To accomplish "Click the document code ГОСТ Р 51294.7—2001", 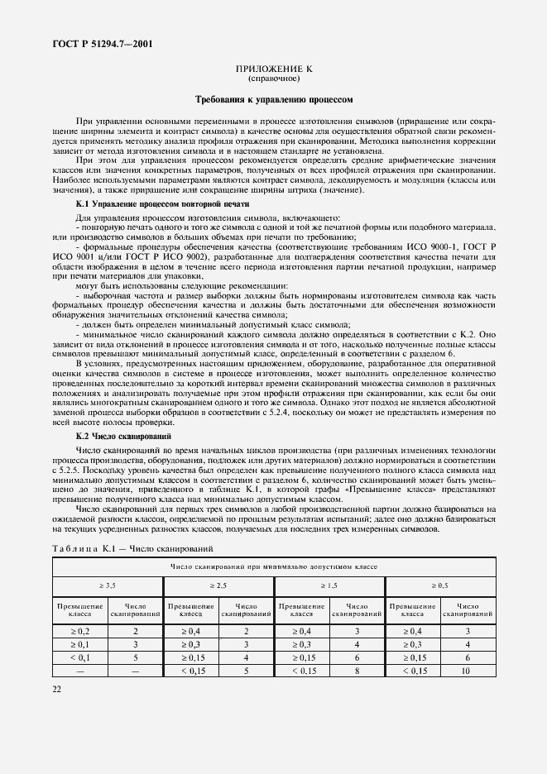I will [91, 43].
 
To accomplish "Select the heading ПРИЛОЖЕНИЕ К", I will [274, 71].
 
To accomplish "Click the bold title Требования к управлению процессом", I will [274, 98].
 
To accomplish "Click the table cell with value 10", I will [468, 671].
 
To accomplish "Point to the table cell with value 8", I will [357, 671].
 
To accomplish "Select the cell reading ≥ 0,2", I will [80, 631].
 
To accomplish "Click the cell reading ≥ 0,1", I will [80, 644].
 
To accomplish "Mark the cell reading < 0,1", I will [80, 657].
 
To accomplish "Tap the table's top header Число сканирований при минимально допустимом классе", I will [274, 566].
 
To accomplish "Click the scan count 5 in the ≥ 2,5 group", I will [246, 671].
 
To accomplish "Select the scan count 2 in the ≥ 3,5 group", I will [136, 631].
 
